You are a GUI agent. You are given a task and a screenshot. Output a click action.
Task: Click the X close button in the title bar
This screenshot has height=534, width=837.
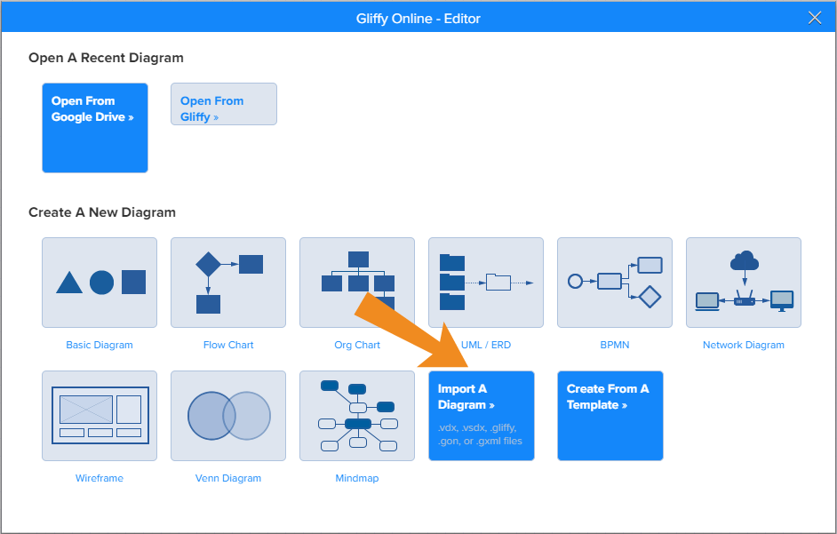click(x=815, y=18)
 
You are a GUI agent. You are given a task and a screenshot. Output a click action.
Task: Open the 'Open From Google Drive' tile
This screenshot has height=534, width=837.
click(x=95, y=128)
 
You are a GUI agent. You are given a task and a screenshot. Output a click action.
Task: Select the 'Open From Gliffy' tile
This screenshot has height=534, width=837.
click(x=224, y=104)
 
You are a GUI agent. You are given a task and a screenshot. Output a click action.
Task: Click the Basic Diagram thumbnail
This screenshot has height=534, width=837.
click(x=100, y=283)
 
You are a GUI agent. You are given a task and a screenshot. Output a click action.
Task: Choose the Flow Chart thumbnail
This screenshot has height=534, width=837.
click(x=228, y=283)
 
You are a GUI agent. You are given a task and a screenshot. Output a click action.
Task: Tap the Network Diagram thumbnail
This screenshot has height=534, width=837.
click(x=744, y=283)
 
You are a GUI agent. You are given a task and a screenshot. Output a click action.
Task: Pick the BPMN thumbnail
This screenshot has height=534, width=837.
click(x=615, y=283)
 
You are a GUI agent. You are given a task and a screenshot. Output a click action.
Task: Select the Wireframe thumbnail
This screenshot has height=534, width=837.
click(x=100, y=416)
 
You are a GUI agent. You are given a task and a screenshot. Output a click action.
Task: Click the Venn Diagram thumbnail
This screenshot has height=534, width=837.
click(x=228, y=416)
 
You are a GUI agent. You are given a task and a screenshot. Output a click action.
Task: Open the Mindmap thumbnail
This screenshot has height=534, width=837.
click(x=357, y=416)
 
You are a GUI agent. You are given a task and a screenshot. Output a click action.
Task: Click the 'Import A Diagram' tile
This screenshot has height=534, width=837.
click(x=482, y=416)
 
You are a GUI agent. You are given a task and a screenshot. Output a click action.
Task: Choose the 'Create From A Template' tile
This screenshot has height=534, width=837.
click(x=610, y=416)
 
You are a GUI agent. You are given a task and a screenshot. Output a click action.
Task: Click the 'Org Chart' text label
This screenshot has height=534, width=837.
click(x=357, y=345)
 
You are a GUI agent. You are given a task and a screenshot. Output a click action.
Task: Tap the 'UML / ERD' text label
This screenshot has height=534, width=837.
click(x=487, y=345)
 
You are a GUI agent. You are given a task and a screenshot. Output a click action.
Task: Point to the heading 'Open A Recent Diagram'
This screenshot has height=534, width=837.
click(x=106, y=58)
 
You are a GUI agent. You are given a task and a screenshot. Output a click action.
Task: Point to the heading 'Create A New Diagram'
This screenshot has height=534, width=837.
click(x=102, y=212)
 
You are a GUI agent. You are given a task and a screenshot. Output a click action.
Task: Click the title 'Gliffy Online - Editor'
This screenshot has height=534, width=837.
click(x=418, y=18)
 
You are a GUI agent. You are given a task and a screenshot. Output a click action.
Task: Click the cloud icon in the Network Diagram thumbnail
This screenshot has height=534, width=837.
click(x=744, y=260)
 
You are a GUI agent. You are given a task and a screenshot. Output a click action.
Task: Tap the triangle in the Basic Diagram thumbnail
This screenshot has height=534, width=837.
click(x=69, y=283)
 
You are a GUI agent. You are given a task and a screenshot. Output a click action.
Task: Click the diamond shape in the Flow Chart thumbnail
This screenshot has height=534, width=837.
click(x=208, y=264)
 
